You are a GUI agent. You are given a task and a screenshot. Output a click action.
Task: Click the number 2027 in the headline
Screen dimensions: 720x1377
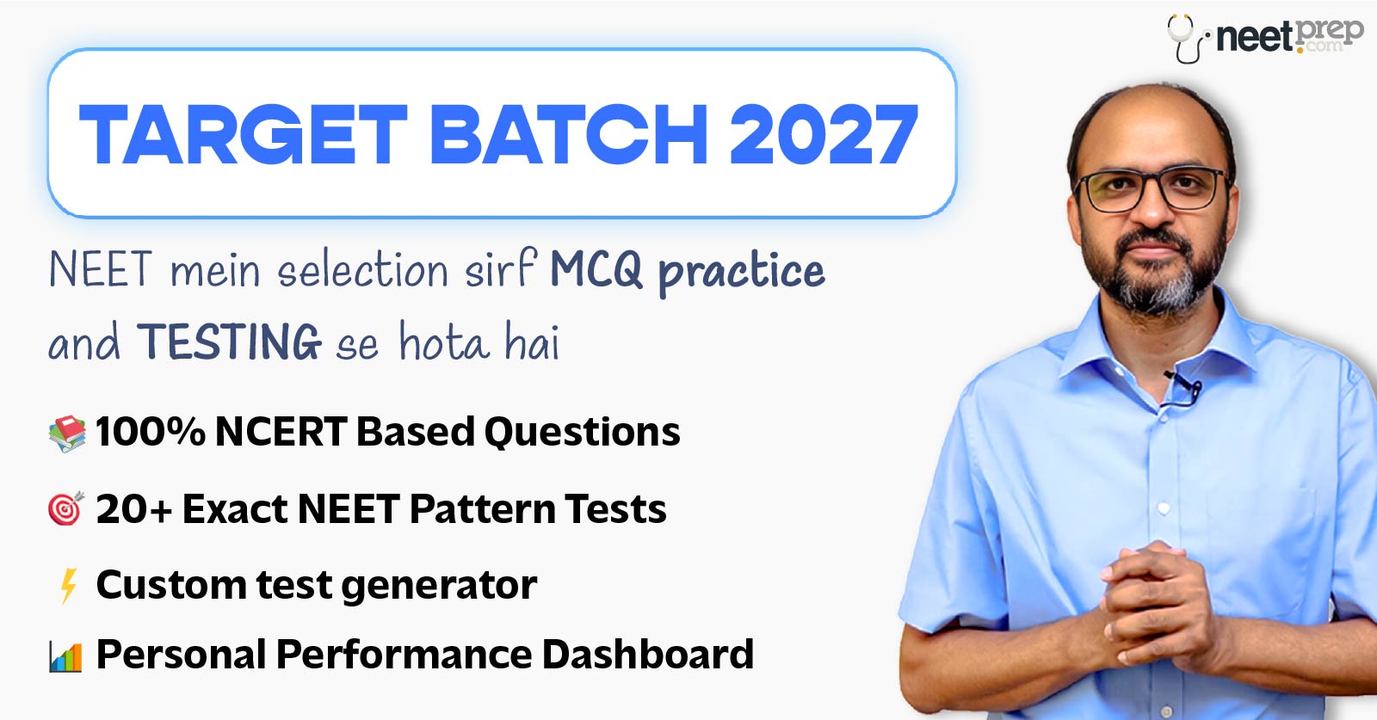(824, 135)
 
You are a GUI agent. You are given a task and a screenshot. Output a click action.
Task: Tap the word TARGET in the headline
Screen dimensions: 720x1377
(243, 135)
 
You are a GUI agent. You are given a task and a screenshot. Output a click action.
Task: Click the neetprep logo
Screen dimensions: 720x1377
(1266, 36)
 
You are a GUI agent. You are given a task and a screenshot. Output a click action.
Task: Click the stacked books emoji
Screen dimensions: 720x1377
(67, 433)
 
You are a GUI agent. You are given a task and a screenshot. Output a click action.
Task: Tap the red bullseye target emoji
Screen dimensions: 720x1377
(66, 509)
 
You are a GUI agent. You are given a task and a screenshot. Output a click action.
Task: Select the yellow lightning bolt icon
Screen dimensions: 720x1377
(68, 586)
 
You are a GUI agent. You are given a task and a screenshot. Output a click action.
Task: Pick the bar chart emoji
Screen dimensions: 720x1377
(66, 657)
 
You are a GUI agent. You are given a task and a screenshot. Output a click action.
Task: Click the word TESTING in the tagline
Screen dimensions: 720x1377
(229, 342)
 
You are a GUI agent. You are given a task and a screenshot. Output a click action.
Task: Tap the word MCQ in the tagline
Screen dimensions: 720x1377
(596, 270)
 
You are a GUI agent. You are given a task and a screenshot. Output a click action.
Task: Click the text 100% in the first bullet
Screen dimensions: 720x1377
(150, 432)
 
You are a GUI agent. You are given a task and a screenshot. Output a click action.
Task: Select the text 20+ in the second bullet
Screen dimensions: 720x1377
(133, 509)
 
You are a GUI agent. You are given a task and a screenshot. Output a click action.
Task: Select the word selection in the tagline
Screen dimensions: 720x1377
(362, 270)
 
